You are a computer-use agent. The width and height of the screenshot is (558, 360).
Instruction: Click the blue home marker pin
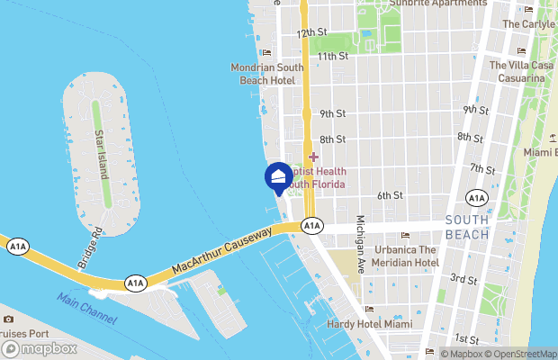(x=278, y=175)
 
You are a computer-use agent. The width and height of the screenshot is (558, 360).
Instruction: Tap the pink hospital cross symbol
(x=313, y=157)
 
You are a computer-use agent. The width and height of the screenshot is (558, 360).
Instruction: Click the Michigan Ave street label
(x=360, y=244)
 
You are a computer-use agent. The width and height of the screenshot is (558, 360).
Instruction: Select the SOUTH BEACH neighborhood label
(x=466, y=227)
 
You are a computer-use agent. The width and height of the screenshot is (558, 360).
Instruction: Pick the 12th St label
(x=311, y=32)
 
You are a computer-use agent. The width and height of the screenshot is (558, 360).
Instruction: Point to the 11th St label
(x=333, y=56)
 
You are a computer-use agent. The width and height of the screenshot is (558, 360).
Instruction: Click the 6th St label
(x=390, y=195)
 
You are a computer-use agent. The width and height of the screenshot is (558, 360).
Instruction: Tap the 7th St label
(x=482, y=169)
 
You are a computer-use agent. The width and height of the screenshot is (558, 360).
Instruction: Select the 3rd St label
(x=464, y=280)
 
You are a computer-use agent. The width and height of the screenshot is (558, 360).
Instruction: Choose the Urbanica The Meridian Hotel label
(x=394, y=256)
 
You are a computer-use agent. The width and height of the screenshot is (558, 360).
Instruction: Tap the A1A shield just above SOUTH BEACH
(x=476, y=198)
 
